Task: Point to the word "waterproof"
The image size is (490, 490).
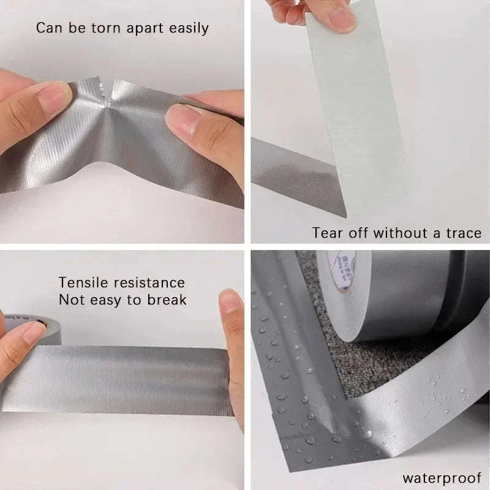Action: point(441,477)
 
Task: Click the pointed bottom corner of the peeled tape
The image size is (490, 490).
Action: point(345,215)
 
